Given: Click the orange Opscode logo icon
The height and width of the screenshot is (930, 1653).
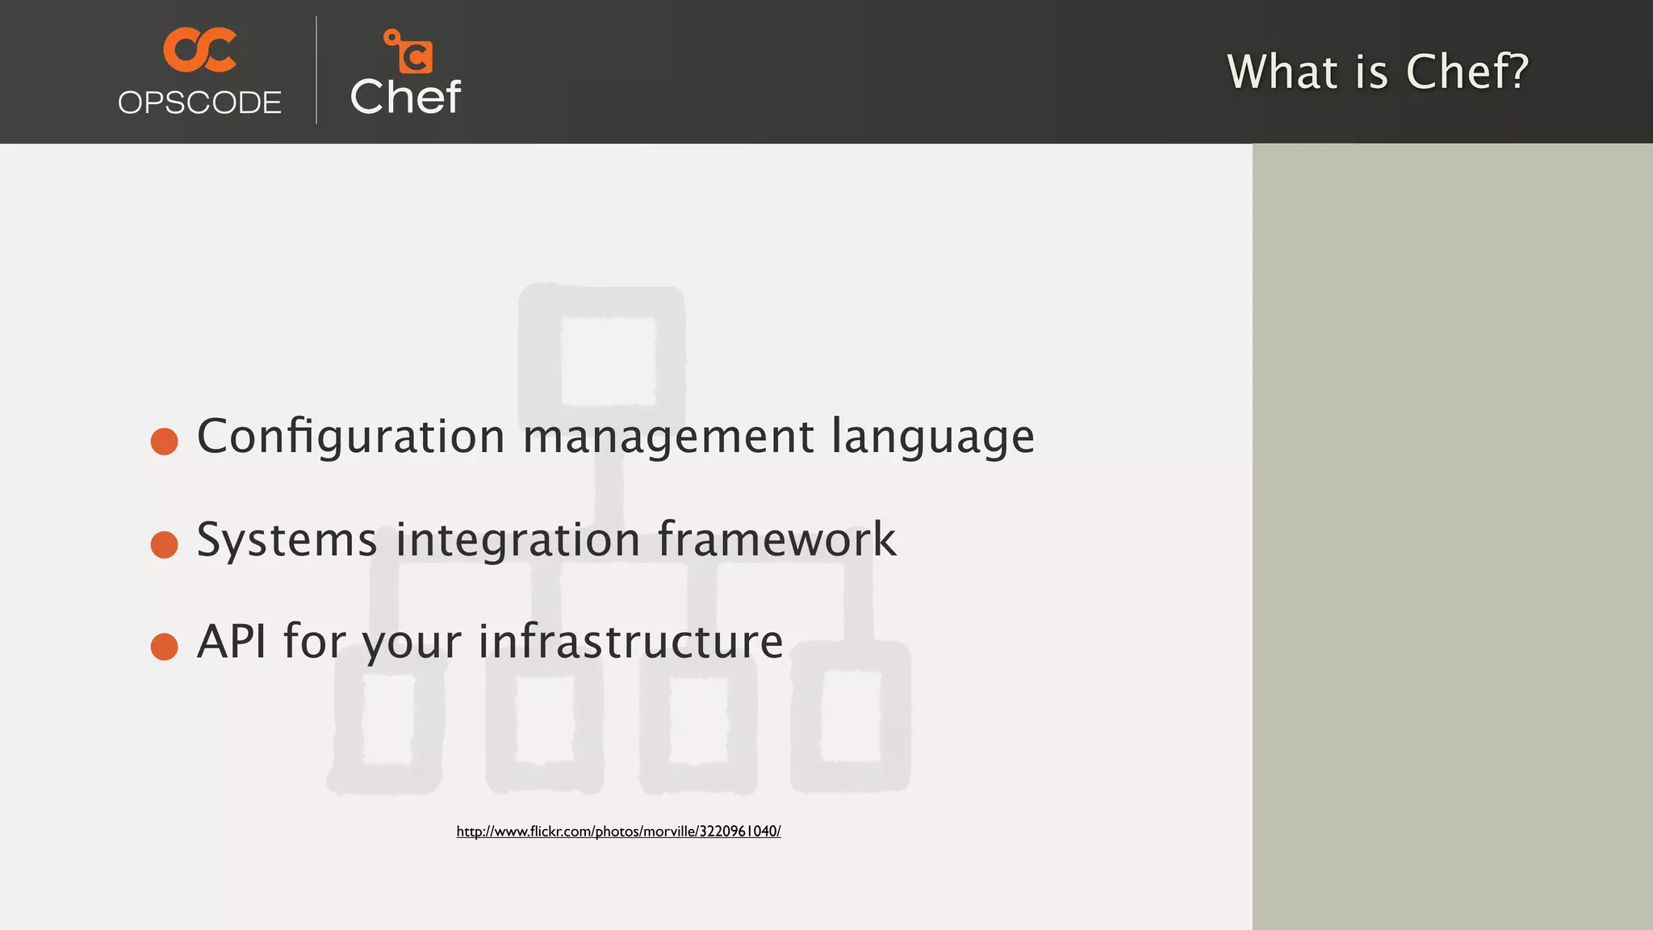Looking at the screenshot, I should pos(199,50).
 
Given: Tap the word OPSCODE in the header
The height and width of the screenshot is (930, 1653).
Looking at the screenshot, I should pos(199,103).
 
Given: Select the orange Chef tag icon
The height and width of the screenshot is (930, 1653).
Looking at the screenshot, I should pos(408,52).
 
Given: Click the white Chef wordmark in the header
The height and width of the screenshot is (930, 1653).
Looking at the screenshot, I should pos(405,98).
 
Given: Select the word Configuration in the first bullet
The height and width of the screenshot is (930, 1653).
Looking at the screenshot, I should pos(351,437).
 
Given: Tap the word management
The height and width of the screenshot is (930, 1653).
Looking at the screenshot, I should pos(668,437).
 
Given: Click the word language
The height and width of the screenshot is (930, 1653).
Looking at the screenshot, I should pos(932,437).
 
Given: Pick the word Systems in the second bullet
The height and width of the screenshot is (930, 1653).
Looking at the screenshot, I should pos(287,539).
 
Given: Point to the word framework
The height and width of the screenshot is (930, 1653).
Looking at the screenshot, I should pos(776,539).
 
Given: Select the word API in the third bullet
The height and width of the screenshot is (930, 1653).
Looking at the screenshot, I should pos(231,642).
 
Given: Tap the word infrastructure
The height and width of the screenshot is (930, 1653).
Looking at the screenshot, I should pos(630,642).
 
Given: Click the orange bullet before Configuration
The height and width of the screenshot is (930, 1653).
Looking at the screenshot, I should pos(164,441).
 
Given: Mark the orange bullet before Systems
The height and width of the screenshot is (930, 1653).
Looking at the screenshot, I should pos(164,544).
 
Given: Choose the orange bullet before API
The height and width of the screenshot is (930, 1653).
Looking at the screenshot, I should pos(164,646).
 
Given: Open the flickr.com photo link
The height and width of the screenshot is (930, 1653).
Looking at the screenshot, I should pos(618,832).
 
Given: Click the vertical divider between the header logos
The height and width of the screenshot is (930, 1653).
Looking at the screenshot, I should pos(316,70).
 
